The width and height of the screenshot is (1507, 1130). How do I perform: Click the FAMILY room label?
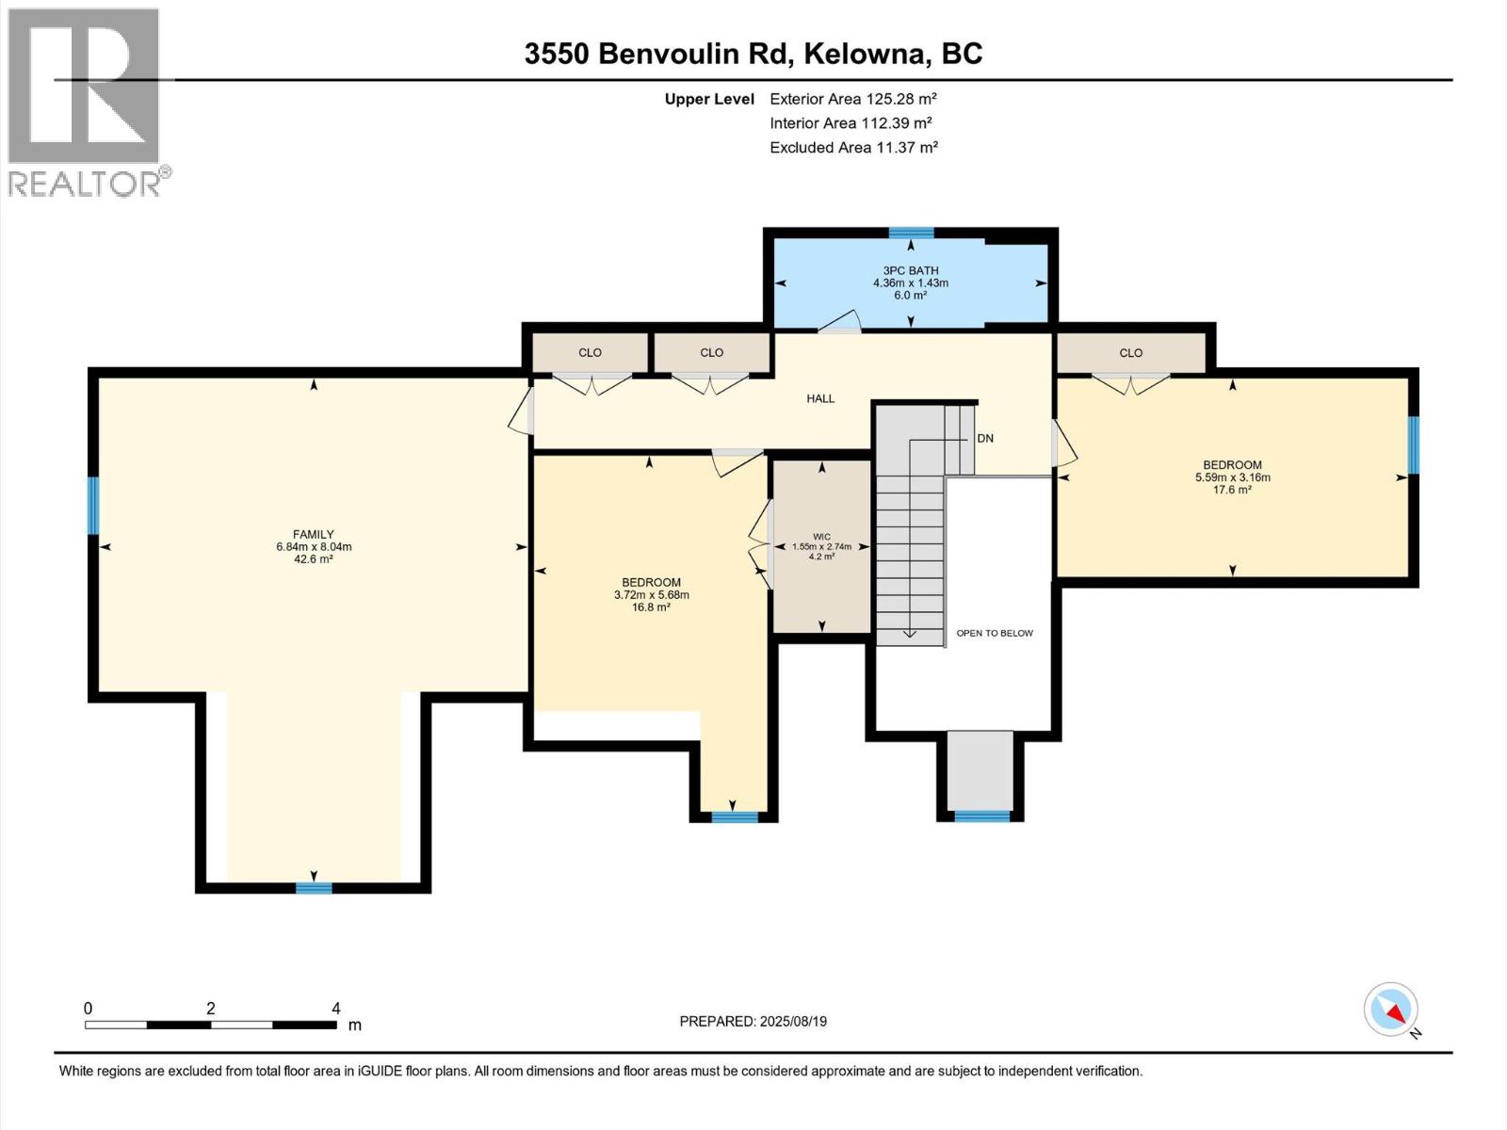[313, 534]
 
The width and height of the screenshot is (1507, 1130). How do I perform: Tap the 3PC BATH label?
[910, 270]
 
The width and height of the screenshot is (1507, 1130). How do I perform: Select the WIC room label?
[821, 537]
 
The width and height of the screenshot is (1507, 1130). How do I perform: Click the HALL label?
[820, 398]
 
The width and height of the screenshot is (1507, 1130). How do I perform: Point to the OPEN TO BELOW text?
[995, 633]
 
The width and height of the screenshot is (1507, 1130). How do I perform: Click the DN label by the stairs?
[985, 438]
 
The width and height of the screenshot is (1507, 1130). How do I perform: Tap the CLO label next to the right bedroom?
[1130, 353]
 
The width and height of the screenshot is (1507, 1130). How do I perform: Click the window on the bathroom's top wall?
[911, 233]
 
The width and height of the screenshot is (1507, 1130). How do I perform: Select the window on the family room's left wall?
[93, 506]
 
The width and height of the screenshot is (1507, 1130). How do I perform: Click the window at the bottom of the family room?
[314, 887]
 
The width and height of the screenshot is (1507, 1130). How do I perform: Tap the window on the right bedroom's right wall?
[1413, 444]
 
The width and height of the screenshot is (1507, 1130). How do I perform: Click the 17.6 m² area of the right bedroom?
[1232, 490]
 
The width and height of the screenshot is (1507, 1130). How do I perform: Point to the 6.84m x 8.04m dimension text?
[314, 546]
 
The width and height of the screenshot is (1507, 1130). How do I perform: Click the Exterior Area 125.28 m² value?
[852, 98]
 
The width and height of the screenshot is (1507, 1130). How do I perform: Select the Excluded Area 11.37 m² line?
[853, 147]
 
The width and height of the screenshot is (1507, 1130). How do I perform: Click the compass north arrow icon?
[1391, 1011]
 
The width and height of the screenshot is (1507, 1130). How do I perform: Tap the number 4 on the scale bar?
[336, 1008]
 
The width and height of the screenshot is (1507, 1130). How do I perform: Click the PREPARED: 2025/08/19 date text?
[753, 1021]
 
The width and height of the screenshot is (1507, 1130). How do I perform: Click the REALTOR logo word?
[85, 183]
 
